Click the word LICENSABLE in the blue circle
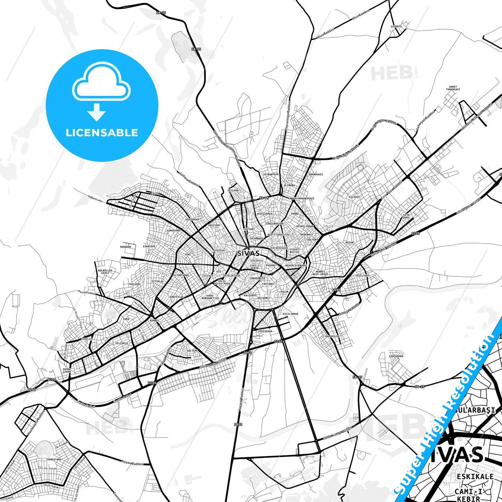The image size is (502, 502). [x=102, y=133]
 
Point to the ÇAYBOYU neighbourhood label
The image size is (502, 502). [x=396, y=26]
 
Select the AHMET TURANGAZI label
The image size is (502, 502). [x=453, y=88]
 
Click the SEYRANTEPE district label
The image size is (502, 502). [x=271, y=174]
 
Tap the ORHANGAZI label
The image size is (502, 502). [x=316, y=174]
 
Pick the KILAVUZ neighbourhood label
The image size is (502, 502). [x=354, y=197]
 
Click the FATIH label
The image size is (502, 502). [x=155, y=193]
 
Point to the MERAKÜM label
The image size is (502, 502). [x=125, y=247]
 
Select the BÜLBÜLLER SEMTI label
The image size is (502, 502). [x=105, y=272]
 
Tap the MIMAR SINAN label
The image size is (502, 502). [x=66, y=370]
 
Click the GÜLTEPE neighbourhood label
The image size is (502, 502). [x=192, y=351]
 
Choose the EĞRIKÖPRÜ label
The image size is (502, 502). [x=396, y=356]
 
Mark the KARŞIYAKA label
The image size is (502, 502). [x=55, y=459]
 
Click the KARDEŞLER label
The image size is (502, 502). [x=332, y=336]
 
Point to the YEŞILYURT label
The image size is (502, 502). [x=362, y=275]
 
